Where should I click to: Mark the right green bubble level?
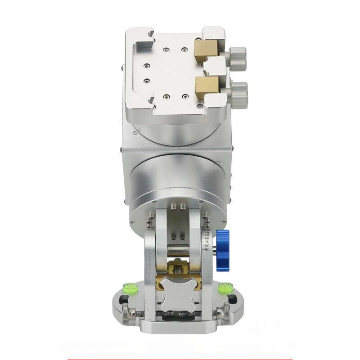tap(225, 287)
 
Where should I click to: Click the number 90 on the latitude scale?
tap(207, 249)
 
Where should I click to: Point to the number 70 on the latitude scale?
tap(207, 242)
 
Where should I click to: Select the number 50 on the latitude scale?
tap(207, 235)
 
